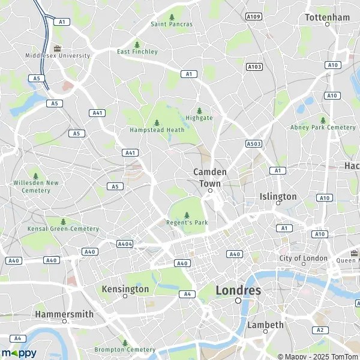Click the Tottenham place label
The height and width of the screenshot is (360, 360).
tap(327, 17)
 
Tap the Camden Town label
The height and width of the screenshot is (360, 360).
tap(210, 176)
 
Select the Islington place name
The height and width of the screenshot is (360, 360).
tap(278, 196)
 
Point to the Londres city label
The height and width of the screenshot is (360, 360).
tap(238, 290)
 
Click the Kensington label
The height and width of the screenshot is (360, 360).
tap(125, 289)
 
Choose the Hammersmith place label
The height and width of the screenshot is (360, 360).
tap(64, 314)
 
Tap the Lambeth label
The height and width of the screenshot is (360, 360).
tap(265, 325)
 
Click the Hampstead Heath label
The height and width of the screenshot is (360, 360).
tap(157, 130)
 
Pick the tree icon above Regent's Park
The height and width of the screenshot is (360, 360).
tap(187, 215)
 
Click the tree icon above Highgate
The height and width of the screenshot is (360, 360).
tap(199, 110)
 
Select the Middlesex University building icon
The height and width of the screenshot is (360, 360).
tap(58, 48)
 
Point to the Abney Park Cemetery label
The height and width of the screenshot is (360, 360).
tap(323, 127)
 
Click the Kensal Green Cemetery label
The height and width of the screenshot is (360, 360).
tap(63, 229)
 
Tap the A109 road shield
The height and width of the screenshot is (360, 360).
tap(254, 17)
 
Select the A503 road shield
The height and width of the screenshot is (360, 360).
tap(254, 144)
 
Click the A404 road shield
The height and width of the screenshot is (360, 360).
tap(125, 244)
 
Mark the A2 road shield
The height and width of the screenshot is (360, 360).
tap(320, 330)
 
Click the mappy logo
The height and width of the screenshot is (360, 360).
tap(19, 353)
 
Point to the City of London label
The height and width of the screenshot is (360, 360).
tap(304, 258)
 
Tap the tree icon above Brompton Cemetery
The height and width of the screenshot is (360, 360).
tap(125, 343)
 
